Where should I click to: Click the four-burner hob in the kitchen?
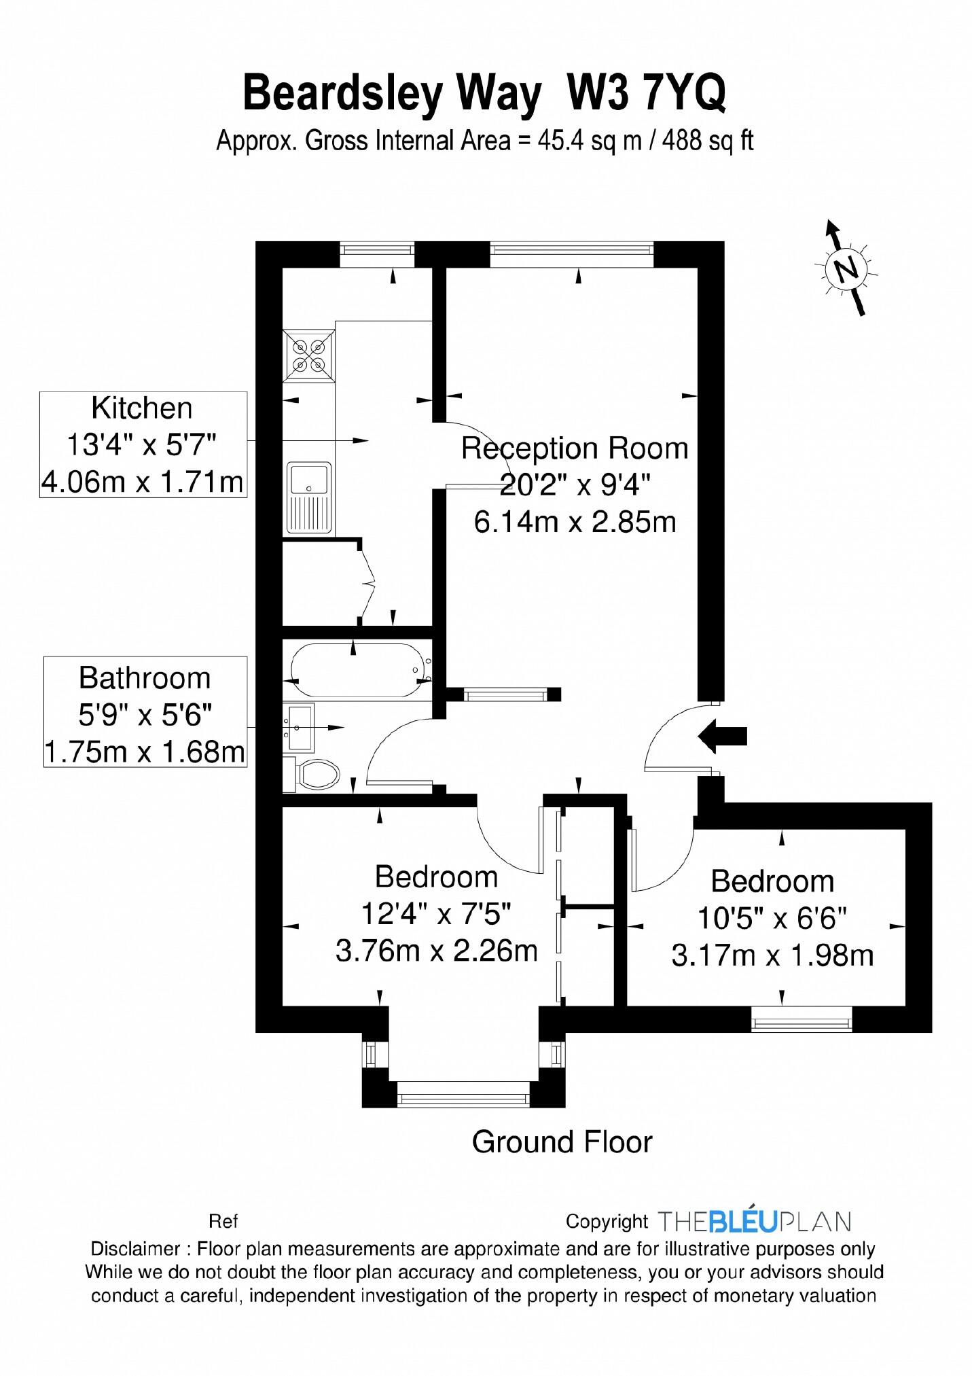[310, 356]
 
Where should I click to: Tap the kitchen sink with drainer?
[309, 497]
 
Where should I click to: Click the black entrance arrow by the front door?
[723, 736]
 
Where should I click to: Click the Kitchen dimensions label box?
[143, 445]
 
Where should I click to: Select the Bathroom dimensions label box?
[145, 712]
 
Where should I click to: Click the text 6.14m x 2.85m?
[575, 523]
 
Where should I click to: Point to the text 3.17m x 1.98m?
[772, 956]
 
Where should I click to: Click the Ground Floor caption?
[562, 1142]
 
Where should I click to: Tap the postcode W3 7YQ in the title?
[647, 93]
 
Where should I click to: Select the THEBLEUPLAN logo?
[754, 1221]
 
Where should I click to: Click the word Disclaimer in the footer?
[134, 1248]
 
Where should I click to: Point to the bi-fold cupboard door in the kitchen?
[368, 582]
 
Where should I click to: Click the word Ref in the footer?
[223, 1222]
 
